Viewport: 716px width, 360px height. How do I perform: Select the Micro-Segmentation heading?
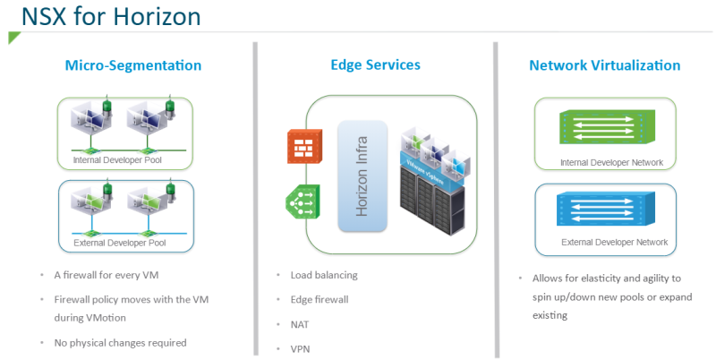[133, 65]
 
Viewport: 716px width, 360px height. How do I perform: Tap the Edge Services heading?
[375, 64]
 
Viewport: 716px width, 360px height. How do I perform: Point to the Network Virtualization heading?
[604, 65]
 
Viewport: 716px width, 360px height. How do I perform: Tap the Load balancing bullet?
[324, 274]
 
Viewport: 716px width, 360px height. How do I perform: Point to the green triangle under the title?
[13, 37]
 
